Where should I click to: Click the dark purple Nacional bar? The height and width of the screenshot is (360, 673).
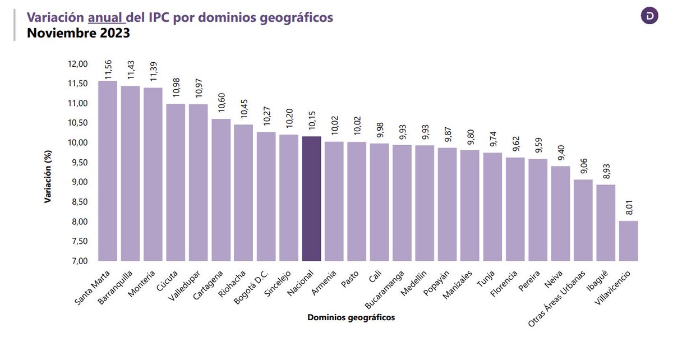pos(311,199)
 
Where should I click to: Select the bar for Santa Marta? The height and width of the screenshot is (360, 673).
pos(107,171)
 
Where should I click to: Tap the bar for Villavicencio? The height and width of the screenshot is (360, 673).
pos(628,241)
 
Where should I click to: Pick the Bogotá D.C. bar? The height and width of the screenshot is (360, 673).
pos(266,196)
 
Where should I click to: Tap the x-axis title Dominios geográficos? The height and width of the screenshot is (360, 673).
pos(351,317)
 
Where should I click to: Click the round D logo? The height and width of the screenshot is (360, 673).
pos(649,15)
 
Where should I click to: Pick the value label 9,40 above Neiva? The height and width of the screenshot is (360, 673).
pos(561,151)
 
